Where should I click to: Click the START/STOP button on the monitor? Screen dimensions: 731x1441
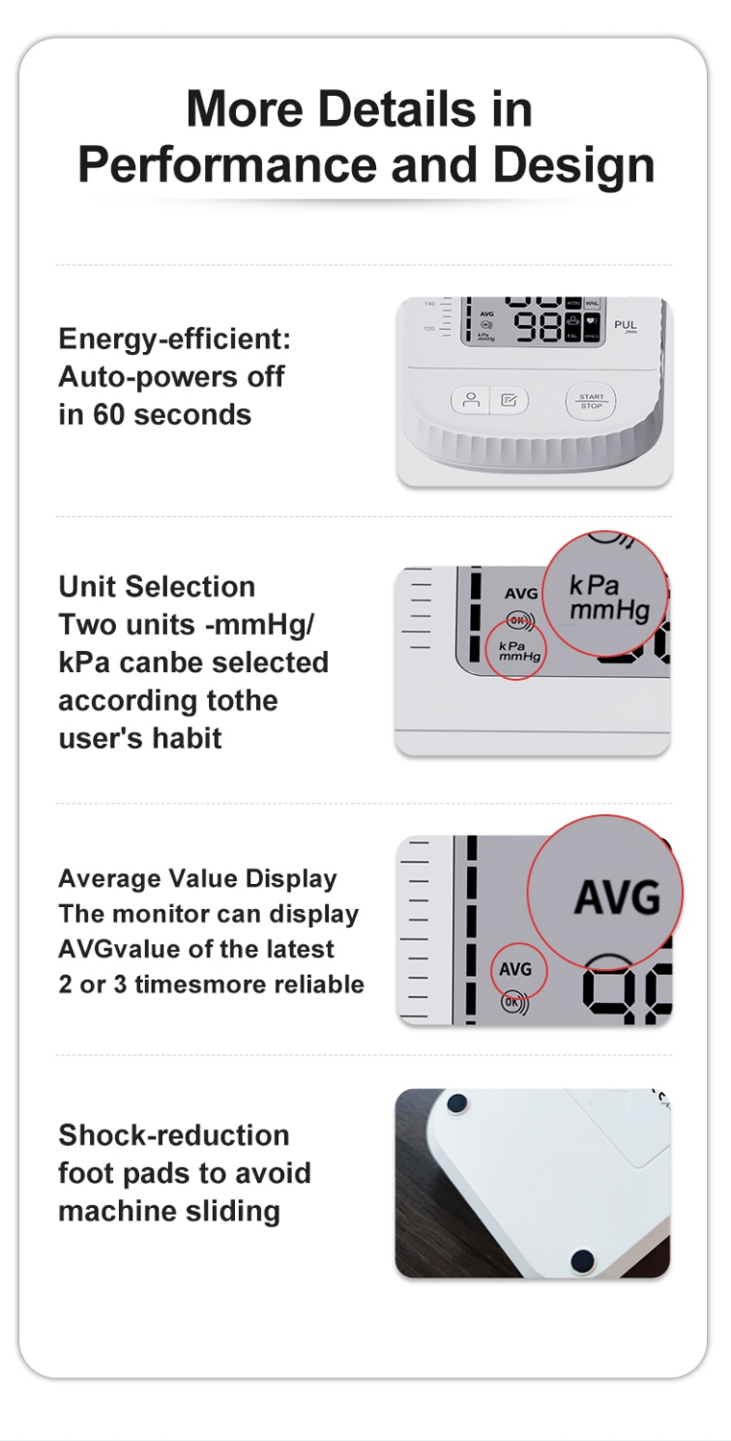pyautogui.click(x=591, y=400)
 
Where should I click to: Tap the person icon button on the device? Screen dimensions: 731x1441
pyautogui.click(x=471, y=400)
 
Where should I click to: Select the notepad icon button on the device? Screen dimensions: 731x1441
pyautogui.click(x=509, y=400)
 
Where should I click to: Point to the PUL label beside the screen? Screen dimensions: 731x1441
pyautogui.click(x=626, y=326)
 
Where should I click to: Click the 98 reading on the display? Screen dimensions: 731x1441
pyautogui.click(x=538, y=327)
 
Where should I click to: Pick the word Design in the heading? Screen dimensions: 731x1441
pyautogui.click(x=573, y=166)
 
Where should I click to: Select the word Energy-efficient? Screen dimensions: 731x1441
pyautogui.click(x=174, y=339)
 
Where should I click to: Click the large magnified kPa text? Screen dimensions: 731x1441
pyautogui.click(x=594, y=585)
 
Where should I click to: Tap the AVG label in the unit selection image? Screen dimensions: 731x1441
pyautogui.click(x=521, y=593)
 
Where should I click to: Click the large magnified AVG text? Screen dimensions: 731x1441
pyautogui.click(x=617, y=897)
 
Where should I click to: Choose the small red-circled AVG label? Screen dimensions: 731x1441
pyautogui.click(x=515, y=969)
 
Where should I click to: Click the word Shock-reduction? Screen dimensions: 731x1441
pyautogui.click(x=174, y=1134)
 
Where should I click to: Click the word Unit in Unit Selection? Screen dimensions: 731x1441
pyautogui.click(x=87, y=587)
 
